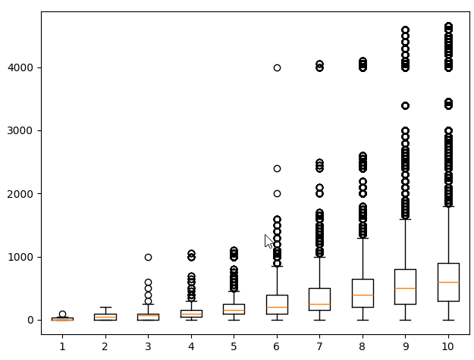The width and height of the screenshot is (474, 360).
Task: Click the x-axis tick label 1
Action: (x=62, y=346)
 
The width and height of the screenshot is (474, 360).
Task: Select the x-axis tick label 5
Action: (x=234, y=346)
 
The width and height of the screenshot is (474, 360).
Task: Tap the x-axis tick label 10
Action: (x=448, y=346)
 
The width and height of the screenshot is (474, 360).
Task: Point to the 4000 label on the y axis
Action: (x=21, y=67)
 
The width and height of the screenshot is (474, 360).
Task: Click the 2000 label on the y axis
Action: (x=21, y=194)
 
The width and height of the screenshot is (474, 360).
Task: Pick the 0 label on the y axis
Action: (x=31, y=320)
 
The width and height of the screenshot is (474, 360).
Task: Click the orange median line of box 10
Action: (x=448, y=282)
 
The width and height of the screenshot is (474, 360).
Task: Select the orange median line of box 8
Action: (x=363, y=295)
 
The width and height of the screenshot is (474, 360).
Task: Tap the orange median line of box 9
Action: (x=405, y=288)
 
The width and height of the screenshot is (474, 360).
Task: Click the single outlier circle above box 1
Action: (x=62, y=314)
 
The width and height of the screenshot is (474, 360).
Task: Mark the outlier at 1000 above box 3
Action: (x=148, y=257)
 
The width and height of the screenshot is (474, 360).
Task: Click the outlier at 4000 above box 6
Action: (x=277, y=67)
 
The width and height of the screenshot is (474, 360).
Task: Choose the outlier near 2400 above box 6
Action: (x=277, y=168)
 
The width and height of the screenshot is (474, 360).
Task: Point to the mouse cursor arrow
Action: (x=268, y=241)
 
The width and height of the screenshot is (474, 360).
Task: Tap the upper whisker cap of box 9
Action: (x=405, y=219)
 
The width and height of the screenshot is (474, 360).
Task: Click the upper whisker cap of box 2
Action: (x=105, y=307)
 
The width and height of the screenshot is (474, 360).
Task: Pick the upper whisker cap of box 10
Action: (x=448, y=206)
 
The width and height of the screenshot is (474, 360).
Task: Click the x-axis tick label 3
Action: (x=148, y=346)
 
